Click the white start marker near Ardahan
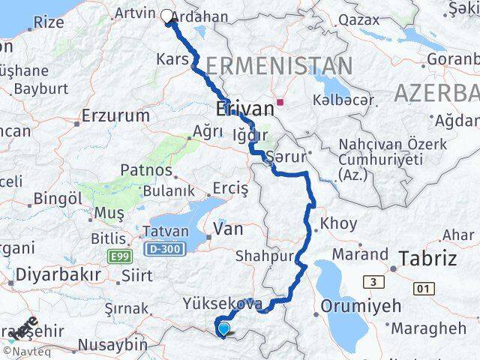(x=166, y=14)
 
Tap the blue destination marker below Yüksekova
(x=223, y=328)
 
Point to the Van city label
(x=229, y=229)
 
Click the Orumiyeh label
(x=361, y=306)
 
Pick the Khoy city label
(x=334, y=223)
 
